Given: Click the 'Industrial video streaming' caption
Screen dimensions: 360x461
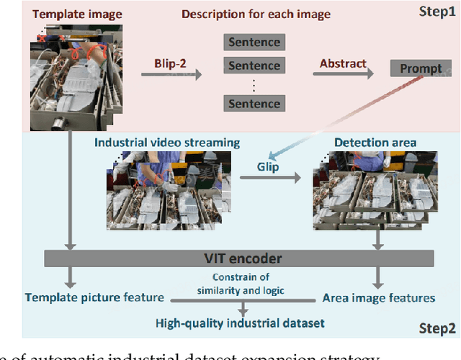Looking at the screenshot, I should (x=167, y=143).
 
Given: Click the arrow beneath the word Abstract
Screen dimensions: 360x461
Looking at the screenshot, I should (x=344, y=73).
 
